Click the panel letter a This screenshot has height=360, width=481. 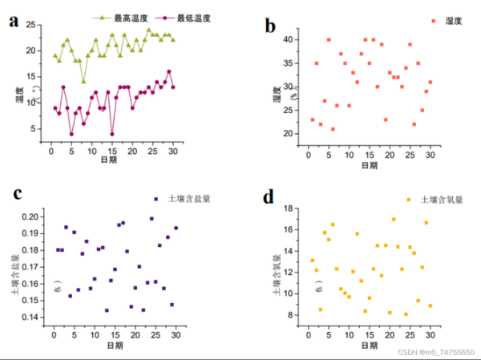click(14, 20)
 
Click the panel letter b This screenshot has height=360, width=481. click(270, 26)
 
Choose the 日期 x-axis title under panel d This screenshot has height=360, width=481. click(370, 345)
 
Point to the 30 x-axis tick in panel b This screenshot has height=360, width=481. click(430, 154)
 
